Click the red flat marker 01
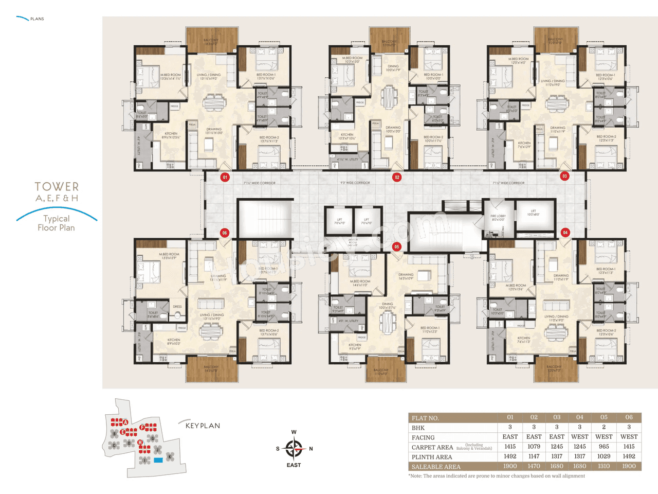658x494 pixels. [225, 177]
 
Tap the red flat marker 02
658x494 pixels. [396, 177]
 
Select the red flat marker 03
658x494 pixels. [564, 176]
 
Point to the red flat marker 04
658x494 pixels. [565, 233]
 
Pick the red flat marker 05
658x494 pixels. [396, 247]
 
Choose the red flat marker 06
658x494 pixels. [225, 233]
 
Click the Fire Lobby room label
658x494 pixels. [498, 218]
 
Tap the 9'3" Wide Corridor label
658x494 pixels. [355, 183]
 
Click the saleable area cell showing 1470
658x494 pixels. [534, 466]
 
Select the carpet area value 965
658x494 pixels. [604, 447]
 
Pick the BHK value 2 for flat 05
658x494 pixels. [604, 427]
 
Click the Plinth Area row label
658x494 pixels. [432, 457]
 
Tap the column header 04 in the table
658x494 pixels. [579, 417]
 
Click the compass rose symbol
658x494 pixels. [294, 449]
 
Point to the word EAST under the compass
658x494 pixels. [294, 465]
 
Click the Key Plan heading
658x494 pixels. [203, 426]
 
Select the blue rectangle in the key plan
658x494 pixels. [158, 460]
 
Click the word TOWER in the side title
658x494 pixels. [57, 187]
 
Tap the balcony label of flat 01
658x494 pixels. [211, 42]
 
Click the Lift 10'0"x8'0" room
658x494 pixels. [535, 213]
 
